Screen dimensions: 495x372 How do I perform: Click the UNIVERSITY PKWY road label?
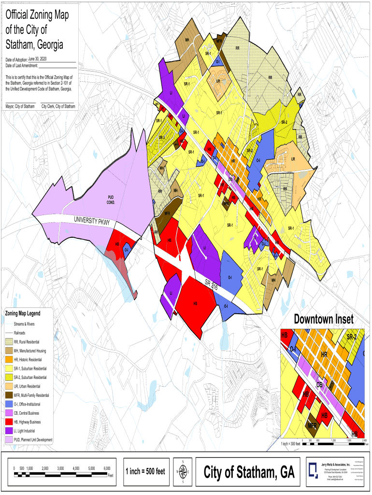(x=92, y=221)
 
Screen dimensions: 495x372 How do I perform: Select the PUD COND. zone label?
(x=110, y=199)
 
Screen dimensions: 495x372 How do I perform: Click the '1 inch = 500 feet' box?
(x=146, y=471)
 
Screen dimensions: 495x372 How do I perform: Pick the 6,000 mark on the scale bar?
(x=107, y=468)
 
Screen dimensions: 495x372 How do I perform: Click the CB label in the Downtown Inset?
(x=319, y=385)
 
